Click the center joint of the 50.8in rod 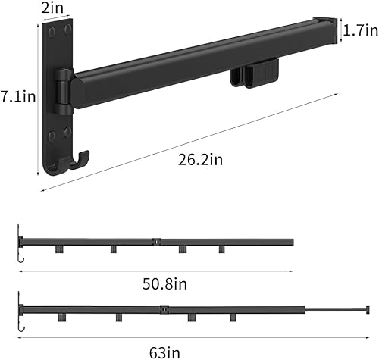tap(155, 243)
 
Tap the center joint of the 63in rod tap(163, 309)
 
